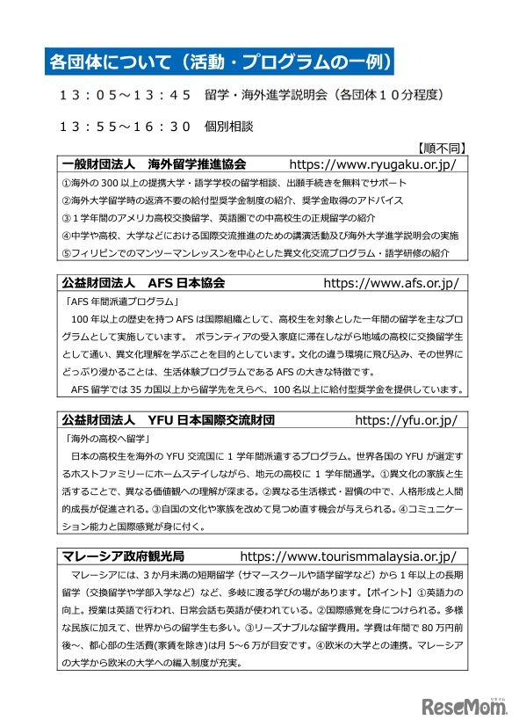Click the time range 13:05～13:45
pos(125,93)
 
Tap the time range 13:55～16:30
pos(125,126)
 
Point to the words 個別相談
pos(229,126)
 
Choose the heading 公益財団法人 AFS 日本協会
pos(144,284)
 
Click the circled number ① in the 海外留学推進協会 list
pos(67,183)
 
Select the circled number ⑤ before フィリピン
pos(67,252)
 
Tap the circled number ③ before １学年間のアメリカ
pos(67,217)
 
